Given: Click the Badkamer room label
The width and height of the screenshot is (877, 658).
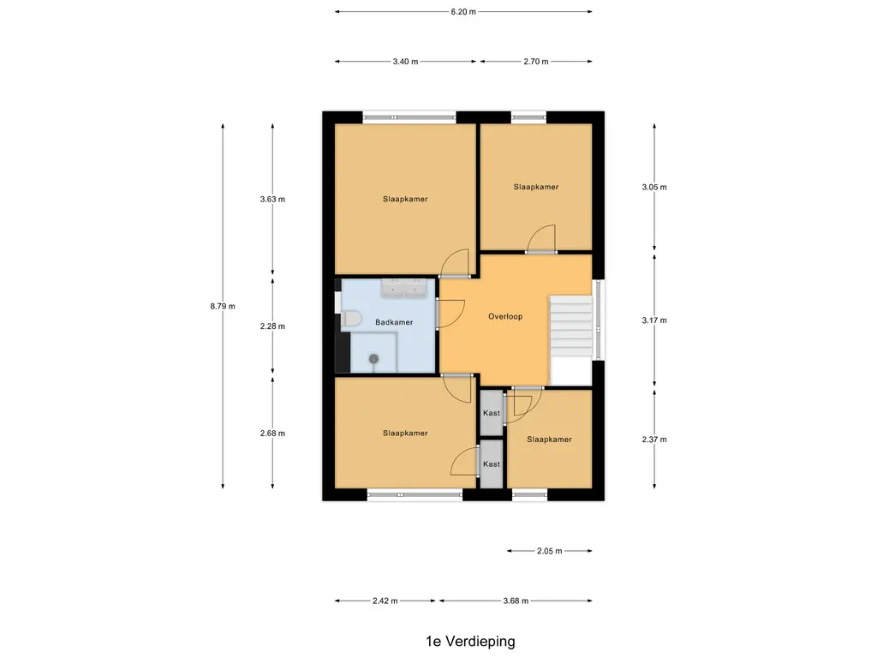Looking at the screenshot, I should tap(394, 322).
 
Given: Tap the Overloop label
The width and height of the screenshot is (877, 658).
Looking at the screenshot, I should tap(505, 316).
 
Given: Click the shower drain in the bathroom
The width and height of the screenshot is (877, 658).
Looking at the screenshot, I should tap(373, 359).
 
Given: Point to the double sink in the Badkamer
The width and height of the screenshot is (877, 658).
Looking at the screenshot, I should tap(403, 286).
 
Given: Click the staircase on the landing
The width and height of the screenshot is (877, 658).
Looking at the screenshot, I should tap(570, 327).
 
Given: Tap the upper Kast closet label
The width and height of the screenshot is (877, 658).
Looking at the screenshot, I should tap(492, 413).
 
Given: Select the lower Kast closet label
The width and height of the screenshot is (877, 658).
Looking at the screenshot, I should tap(492, 464).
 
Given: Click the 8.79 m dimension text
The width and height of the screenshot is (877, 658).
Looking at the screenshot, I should tap(223, 306).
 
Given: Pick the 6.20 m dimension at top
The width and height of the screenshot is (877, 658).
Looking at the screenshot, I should tap(462, 12).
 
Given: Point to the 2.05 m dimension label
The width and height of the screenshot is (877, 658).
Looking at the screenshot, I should tap(549, 551).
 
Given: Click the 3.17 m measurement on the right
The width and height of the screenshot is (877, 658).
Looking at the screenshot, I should tap(654, 320).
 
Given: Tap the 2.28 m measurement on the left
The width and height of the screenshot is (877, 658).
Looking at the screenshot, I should tap(272, 326).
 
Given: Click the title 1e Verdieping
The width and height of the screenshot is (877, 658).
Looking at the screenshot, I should tap(470, 640).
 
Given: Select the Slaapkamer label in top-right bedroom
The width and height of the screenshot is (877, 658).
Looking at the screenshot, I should tap(536, 187).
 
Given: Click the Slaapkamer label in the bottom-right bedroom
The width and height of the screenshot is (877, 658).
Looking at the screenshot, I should tap(549, 440).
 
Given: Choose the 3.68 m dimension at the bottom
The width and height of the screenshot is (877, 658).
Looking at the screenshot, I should tap(515, 601).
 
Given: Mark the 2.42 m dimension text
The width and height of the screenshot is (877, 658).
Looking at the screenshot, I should tap(385, 601).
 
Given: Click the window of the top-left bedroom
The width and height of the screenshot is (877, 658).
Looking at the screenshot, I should tap(409, 118).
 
